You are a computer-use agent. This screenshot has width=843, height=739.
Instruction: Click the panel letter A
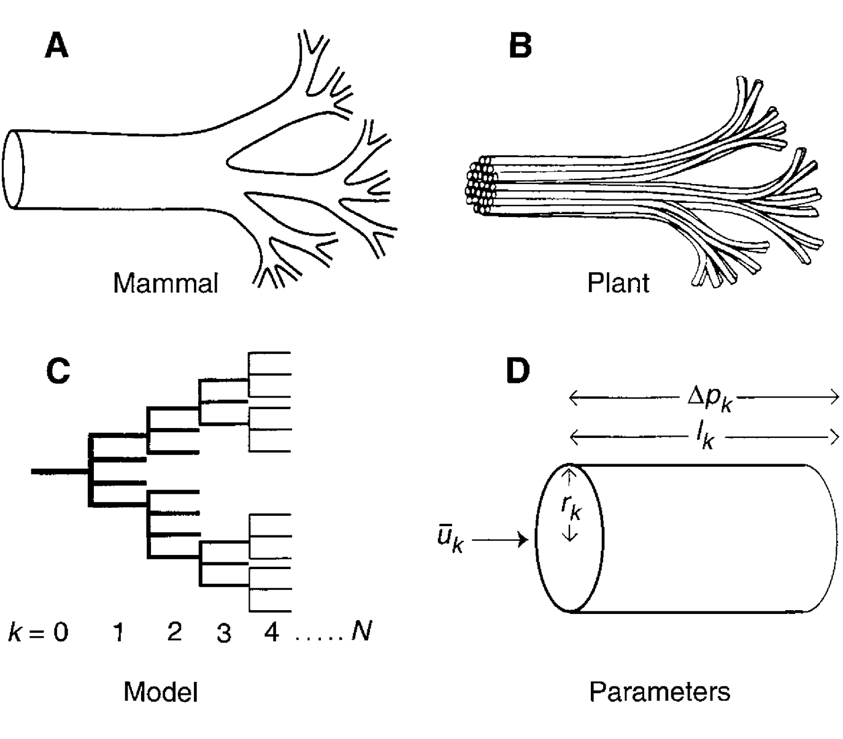click(x=56, y=46)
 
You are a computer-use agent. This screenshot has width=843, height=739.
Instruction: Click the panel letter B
click(x=520, y=46)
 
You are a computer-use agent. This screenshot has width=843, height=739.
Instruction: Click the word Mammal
click(x=166, y=283)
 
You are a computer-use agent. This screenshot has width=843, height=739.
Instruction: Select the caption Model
click(x=161, y=692)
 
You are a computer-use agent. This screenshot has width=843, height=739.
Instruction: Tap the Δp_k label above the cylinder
click(x=710, y=399)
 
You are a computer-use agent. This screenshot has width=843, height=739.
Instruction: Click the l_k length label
click(x=706, y=437)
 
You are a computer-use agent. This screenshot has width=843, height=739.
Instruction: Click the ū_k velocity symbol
click(x=450, y=540)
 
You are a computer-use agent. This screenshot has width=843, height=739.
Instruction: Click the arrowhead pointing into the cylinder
click(x=523, y=540)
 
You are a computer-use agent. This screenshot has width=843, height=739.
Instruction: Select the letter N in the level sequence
click(x=361, y=631)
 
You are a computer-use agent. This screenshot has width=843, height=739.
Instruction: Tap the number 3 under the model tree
click(x=224, y=633)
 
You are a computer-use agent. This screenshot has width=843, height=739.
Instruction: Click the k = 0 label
click(x=38, y=632)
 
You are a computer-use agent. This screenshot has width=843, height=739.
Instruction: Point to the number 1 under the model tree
click(x=120, y=632)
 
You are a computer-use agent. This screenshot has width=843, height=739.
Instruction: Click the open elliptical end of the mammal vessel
click(x=13, y=169)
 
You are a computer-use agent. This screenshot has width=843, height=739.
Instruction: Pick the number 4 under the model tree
click(x=271, y=632)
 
